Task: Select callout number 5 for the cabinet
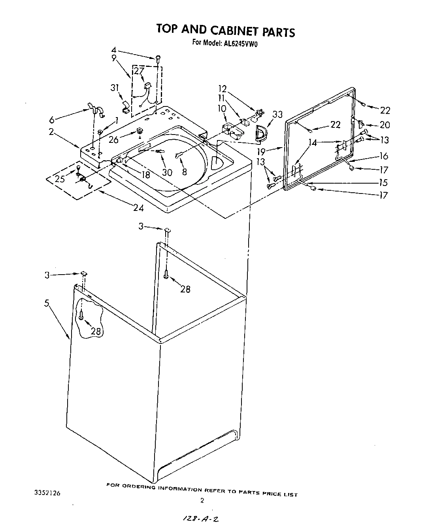pyautogui.click(x=47, y=304)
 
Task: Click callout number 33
pyautogui.click(x=277, y=115)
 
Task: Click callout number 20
pyautogui.click(x=384, y=125)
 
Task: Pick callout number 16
pyautogui.click(x=383, y=156)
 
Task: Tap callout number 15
pyautogui.click(x=383, y=182)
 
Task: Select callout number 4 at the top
pyautogui.click(x=114, y=50)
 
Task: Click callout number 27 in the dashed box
pyautogui.click(x=139, y=71)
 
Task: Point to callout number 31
pyautogui.click(x=115, y=87)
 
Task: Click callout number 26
pyautogui.click(x=113, y=140)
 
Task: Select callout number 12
pyautogui.click(x=222, y=89)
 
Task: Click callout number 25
pyautogui.click(x=60, y=179)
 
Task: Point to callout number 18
pyautogui.click(x=145, y=174)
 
